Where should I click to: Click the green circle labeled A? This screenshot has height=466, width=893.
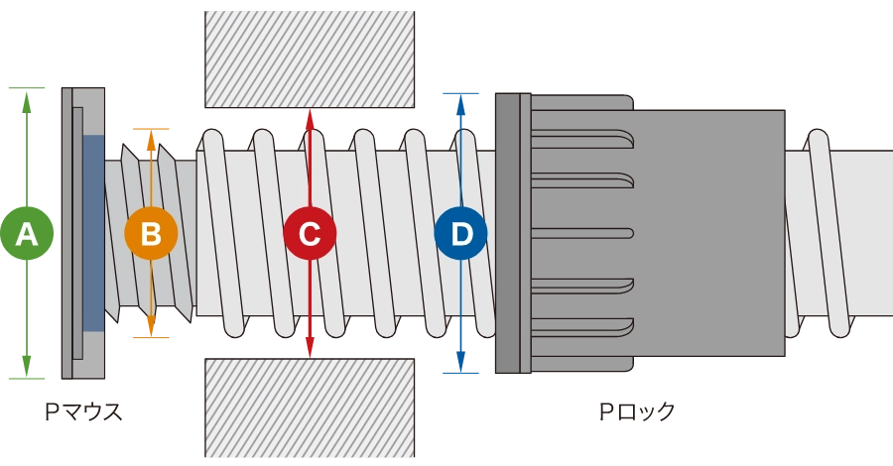point(27,234)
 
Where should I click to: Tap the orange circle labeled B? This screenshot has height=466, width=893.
point(151,234)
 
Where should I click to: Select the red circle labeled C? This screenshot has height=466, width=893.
point(310,234)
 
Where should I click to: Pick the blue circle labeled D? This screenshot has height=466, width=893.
point(461,234)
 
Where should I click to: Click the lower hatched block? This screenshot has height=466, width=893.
point(309,408)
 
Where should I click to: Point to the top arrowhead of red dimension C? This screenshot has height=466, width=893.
point(310,117)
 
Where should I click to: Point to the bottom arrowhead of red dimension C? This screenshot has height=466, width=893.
point(310,349)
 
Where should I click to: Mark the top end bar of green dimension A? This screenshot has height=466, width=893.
point(27,92)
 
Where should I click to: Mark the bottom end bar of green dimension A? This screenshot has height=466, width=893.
point(27,377)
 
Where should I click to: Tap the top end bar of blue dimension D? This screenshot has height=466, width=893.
point(460,92)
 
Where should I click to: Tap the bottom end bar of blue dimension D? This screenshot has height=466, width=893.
point(460,373)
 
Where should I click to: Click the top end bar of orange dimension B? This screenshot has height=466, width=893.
point(151,130)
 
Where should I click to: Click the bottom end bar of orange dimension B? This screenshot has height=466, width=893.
point(151,337)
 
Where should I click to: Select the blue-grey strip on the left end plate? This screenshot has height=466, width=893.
point(93,234)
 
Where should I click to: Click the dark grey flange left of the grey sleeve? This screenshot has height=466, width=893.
point(512,234)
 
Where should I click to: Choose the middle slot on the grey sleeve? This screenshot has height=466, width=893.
point(583,234)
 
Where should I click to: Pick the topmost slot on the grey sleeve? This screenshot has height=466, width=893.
point(583,137)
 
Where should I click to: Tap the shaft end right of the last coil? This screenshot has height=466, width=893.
point(873,234)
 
